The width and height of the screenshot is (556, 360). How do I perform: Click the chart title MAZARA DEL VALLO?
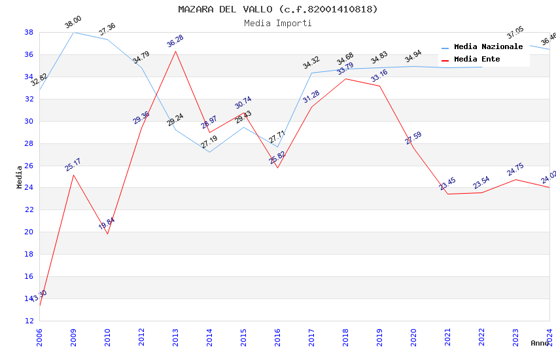click(x=278, y=9)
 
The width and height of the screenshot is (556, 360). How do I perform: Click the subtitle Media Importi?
click(x=278, y=23)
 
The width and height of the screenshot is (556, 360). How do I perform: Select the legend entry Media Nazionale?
click(x=488, y=46)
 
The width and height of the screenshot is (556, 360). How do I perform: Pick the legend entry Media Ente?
click(x=477, y=59)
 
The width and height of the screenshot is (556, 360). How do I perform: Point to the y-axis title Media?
click(x=19, y=177)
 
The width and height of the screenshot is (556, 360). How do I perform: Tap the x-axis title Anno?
click(x=540, y=343)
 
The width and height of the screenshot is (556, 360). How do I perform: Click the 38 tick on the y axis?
click(x=29, y=32)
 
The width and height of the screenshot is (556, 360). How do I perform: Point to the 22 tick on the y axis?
click(x=29, y=209)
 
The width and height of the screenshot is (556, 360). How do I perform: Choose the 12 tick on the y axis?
click(x=29, y=321)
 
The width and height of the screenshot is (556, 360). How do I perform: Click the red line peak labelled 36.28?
click(x=175, y=51)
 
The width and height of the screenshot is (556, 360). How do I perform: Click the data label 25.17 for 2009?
click(x=73, y=164)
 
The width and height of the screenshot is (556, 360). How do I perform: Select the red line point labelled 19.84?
click(x=107, y=234)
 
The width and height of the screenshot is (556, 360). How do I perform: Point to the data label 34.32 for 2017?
click(x=311, y=63)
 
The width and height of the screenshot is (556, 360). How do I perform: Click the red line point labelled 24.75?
click(x=515, y=179)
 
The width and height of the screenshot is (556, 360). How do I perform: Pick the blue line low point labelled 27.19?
click(x=209, y=152)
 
